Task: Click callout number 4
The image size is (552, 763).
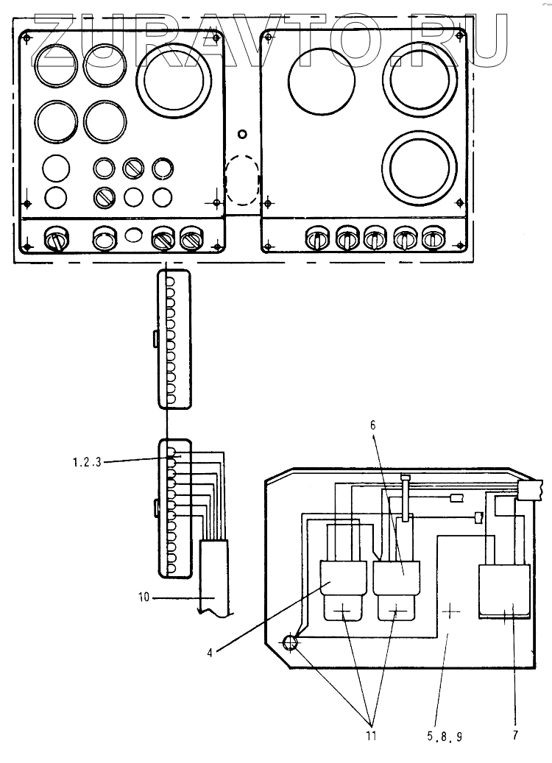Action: tap(210, 653)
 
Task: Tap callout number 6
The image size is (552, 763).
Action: tap(373, 425)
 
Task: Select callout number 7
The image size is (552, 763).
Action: tap(515, 735)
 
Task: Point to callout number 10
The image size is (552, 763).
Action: tap(144, 597)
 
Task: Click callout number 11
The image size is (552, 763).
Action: tap(372, 736)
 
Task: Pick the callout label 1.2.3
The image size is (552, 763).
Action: tap(87, 462)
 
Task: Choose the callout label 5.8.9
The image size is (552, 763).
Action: tap(445, 737)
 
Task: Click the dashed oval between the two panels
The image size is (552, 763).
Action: tap(242, 180)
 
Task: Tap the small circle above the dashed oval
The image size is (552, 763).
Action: tap(242, 134)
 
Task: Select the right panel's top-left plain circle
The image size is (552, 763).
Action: tap(322, 79)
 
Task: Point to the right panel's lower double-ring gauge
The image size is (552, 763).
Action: tap(419, 163)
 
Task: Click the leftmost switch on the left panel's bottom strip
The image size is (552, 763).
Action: tap(56, 238)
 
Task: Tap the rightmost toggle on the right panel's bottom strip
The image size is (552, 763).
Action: tap(432, 238)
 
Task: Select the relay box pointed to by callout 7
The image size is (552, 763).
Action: tap(504, 591)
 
